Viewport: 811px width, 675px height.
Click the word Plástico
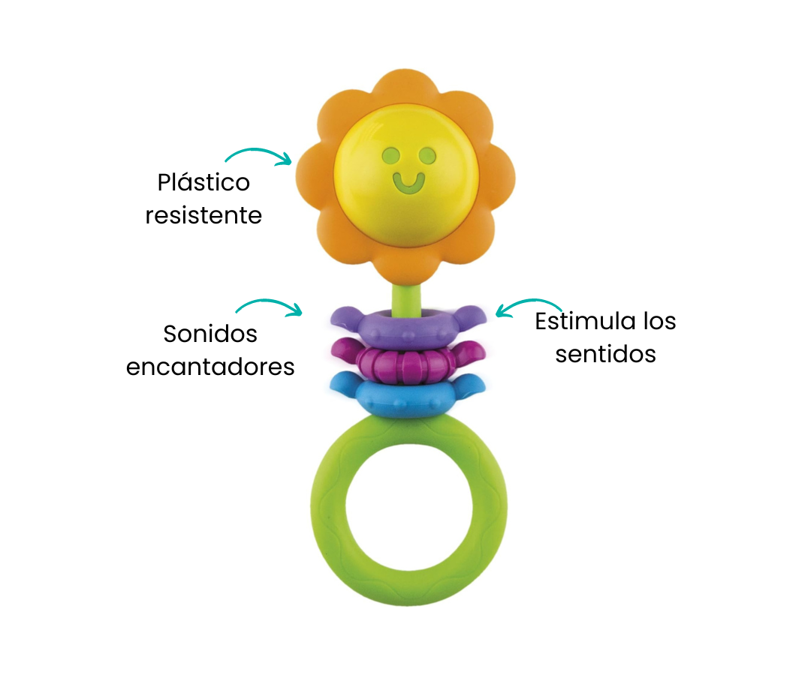point(204,183)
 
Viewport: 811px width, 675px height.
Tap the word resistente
point(204,216)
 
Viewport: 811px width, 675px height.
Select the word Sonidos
point(210,334)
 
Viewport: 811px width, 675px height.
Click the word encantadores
point(210,367)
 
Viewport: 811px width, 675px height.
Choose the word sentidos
point(605,354)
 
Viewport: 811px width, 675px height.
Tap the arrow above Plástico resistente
point(258,155)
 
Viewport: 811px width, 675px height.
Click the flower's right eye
point(428,156)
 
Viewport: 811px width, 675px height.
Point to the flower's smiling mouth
point(409,181)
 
